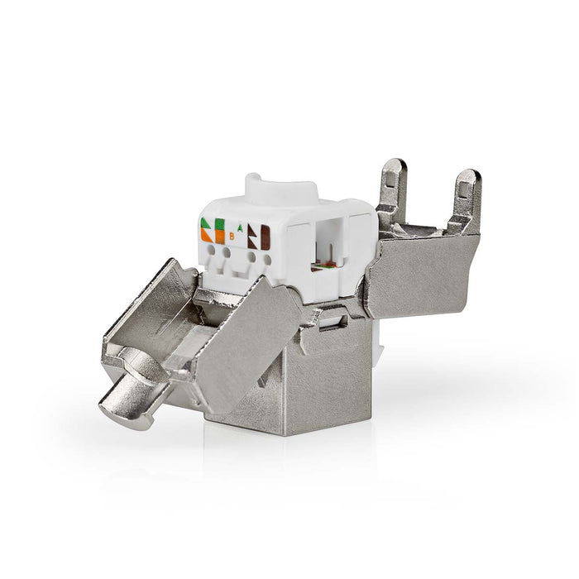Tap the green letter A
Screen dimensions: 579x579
(x=240, y=226)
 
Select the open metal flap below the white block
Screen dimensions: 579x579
(x=240, y=331)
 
